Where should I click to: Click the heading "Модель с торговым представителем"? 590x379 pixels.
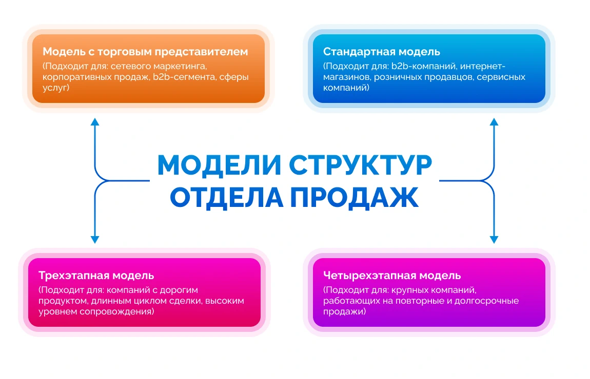[x=145, y=51]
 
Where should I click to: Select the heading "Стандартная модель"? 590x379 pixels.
[x=382, y=51]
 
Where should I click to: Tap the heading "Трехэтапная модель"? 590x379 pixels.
[x=96, y=276]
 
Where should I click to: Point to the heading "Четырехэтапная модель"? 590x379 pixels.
[x=392, y=276]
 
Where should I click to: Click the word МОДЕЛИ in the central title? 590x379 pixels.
[x=219, y=165]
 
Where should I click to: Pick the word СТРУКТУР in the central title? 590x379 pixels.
[x=361, y=165]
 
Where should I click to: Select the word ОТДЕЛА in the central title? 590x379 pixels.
[x=226, y=198]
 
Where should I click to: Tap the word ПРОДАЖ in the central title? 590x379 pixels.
[x=355, y=197]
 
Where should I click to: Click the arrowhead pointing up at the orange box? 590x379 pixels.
[x=95, y=122]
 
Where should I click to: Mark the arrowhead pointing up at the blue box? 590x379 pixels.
[x=494, y=122]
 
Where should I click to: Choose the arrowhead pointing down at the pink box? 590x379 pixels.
[x=95, y=240]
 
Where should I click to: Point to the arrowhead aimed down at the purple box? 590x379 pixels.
[x=494, y=240]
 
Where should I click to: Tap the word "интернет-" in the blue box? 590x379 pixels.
[x=483, y=67]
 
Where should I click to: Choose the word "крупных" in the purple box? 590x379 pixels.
[x=410, y=290]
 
